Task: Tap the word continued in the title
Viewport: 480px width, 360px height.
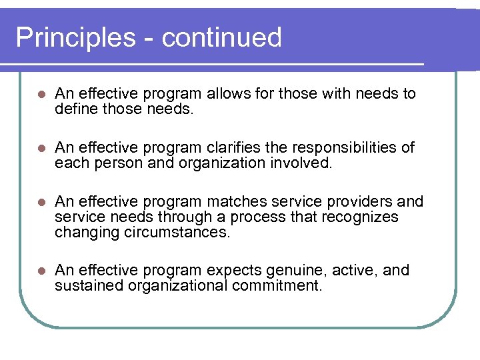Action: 221,37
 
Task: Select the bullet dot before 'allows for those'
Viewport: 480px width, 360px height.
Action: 41,94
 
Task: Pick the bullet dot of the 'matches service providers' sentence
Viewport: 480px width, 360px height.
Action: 41,202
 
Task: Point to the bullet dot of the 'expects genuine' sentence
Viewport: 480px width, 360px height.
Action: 41,271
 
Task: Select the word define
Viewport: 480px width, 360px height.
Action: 77,109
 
